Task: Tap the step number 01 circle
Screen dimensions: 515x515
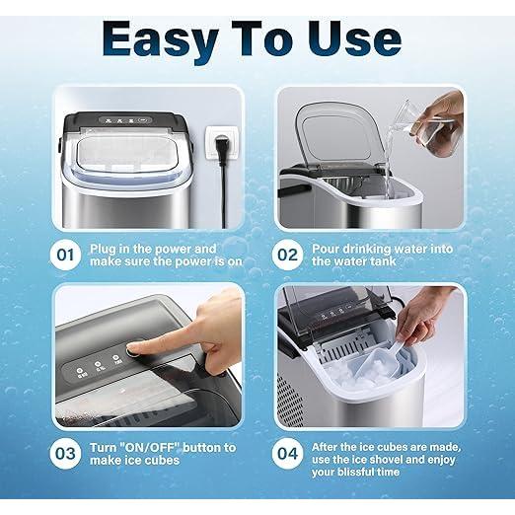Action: click(65, 256)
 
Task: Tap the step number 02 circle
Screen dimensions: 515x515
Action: click(288, 256)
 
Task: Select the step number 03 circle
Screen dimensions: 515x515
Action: click(65, 455)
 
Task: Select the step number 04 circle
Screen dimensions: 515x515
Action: click(288, 455)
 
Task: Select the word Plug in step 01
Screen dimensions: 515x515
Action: click(106, 249)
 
